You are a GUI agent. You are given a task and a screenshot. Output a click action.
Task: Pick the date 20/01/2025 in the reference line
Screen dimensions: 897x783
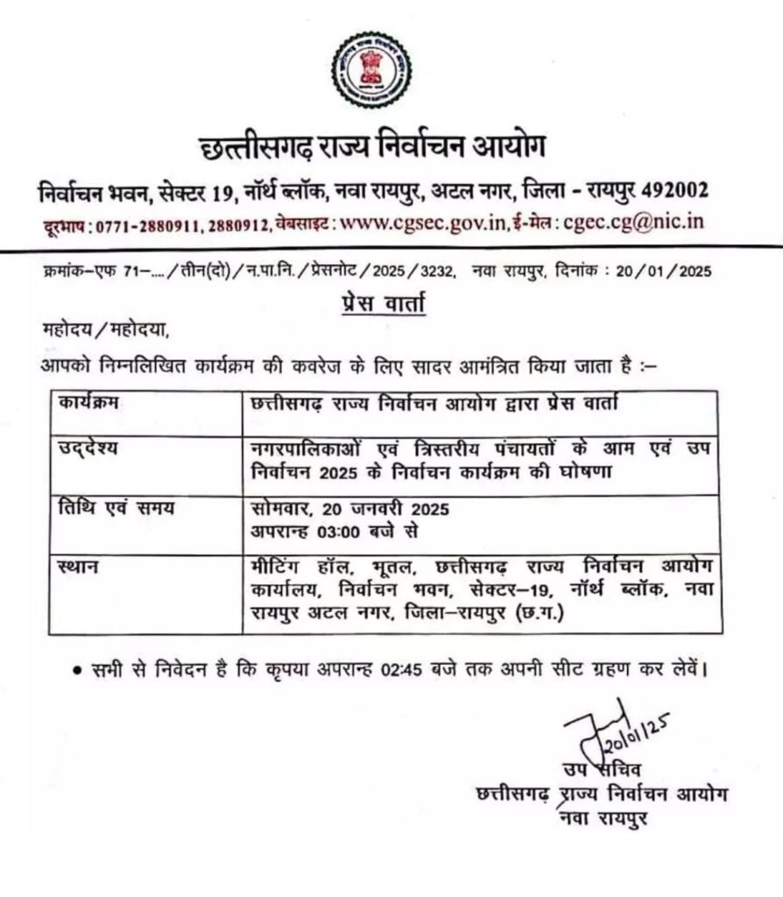(664, 272)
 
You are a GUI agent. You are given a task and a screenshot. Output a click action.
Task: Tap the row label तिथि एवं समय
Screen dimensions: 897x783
(108, 508)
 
